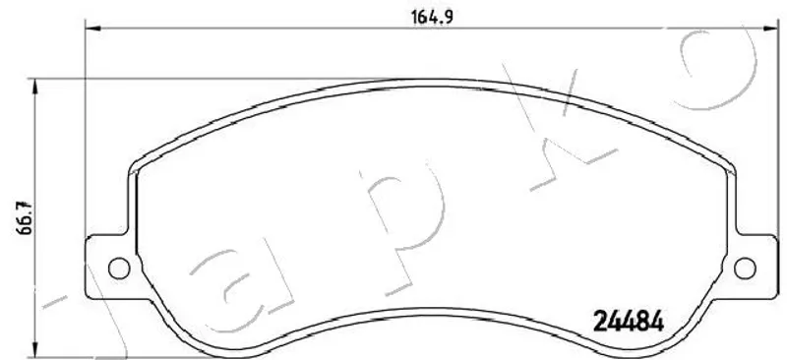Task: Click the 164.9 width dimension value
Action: tap(433, 17)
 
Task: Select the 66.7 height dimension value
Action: tap(24, 218)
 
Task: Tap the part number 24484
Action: tap(629, 321)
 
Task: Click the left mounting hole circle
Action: tap(119, 269)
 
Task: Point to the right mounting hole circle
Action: tap(745, 269)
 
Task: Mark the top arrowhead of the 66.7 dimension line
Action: tap(34, 87)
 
